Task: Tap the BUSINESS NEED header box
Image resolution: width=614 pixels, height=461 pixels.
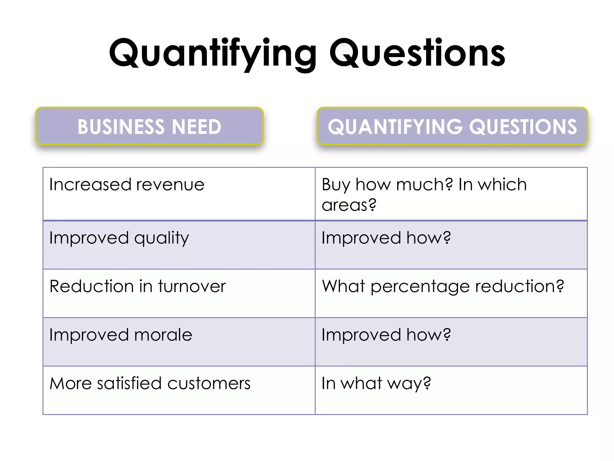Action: (149, 126)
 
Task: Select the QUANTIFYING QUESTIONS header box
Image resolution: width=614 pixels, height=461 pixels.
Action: (452, 126)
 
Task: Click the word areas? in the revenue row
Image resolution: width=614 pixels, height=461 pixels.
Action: (349, 205)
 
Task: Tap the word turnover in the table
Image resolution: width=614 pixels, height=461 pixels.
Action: (192, 286)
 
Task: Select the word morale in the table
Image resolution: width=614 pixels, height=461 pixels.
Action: (163, 335)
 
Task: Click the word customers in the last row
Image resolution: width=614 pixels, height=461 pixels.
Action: (209, 384)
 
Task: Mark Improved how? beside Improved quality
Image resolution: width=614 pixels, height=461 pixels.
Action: (386, 238)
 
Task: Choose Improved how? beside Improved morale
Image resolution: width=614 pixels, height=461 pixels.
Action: (386, 335)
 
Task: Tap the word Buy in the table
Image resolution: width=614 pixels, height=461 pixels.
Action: (336, 185)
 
